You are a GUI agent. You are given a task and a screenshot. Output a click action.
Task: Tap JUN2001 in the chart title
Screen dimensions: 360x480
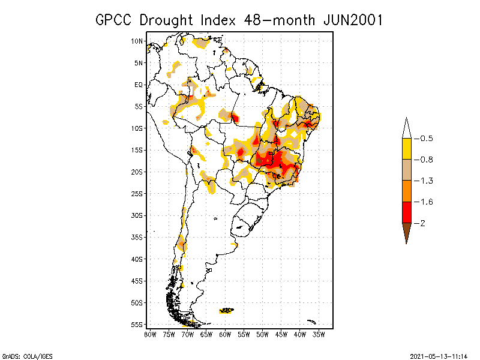click(x=352, y=20)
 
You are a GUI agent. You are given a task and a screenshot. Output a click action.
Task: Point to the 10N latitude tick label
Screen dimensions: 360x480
click(x=137, y=41)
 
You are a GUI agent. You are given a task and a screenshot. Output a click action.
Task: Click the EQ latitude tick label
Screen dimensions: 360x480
click(x=138, y=85)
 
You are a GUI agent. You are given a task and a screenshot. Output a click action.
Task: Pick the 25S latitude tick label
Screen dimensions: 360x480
click(x=137, y=194)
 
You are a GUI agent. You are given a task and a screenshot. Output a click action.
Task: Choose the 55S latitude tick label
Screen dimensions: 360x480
click(x=137, y=325)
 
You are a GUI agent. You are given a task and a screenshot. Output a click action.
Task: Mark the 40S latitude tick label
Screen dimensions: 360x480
click(x=137, y=259)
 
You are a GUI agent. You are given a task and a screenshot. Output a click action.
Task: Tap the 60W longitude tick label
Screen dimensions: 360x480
click(x=225, y=334)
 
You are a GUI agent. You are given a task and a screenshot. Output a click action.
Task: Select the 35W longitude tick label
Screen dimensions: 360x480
click(x=319, y=334)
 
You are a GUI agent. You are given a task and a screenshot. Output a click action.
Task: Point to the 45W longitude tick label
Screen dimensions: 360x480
click(x=281, y=334)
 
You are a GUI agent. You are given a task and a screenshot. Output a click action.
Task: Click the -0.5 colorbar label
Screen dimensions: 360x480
click(x=425, y=139)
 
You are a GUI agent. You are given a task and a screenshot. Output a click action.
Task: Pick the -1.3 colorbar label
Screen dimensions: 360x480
click(x=425, y=181)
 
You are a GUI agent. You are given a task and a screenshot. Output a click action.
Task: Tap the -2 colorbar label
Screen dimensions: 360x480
click(x=422, y=223)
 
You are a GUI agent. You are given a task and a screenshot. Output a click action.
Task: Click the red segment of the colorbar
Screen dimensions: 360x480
click(x=406, y=212)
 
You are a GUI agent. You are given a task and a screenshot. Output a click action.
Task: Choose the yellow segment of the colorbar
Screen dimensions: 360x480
click(x=406, y=149)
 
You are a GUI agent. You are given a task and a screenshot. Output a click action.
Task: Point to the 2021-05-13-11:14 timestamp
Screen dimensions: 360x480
click(x=439, y=355)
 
